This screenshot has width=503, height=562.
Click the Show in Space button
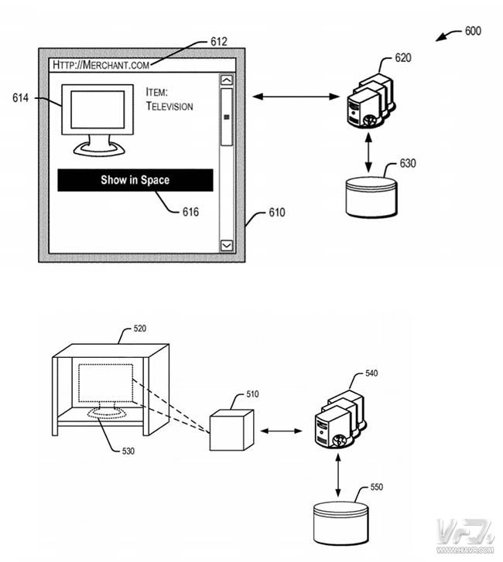click(135, 180)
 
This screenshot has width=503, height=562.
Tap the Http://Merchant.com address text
click(101, 65)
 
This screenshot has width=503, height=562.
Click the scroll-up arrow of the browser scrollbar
click(227, 80)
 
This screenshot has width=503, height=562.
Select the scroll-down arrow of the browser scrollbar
click(227, 246)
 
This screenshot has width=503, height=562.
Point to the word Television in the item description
click(169, 106)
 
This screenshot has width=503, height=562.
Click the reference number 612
click(219, 42)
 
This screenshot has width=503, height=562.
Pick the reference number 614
click(20, 98)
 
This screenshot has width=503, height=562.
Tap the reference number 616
click(190, 212)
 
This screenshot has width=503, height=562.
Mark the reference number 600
click(473, 31)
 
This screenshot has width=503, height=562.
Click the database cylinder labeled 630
click(371, 197)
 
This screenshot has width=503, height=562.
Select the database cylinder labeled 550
click(340, 523)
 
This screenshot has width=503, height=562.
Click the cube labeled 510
click(231, 430)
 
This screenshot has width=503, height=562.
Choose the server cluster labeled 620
click(371, 100)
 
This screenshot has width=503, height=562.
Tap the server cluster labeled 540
click(340, 419)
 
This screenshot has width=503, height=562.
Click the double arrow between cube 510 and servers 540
click(281, 431)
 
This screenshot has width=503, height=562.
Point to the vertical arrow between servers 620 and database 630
click(368, 153)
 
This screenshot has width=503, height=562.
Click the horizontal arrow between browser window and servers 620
click(296, 97)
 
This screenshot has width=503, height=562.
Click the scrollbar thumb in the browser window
click(227, 118)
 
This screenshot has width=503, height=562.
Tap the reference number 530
click(128, 451)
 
